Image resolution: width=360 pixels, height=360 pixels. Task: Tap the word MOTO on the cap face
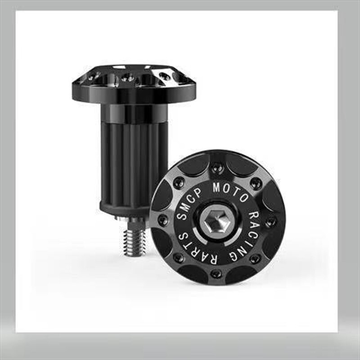[x=230, y=191]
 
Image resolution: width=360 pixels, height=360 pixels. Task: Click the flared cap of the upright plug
[x=134, y=84]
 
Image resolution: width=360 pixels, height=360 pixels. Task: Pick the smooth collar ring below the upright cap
[x=134, y=113]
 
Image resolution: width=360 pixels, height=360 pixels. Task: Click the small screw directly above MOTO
[x=216, y=169]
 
